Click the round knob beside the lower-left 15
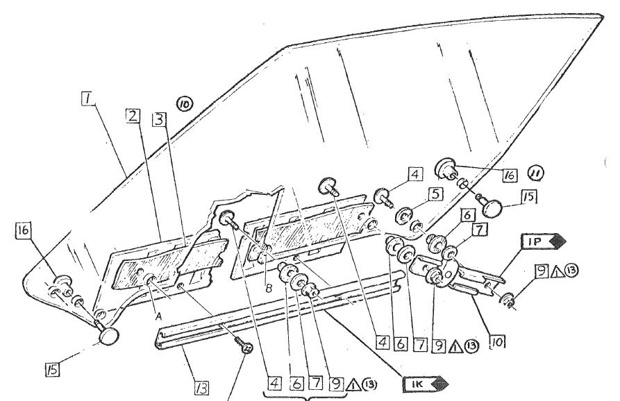coord(110,336)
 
